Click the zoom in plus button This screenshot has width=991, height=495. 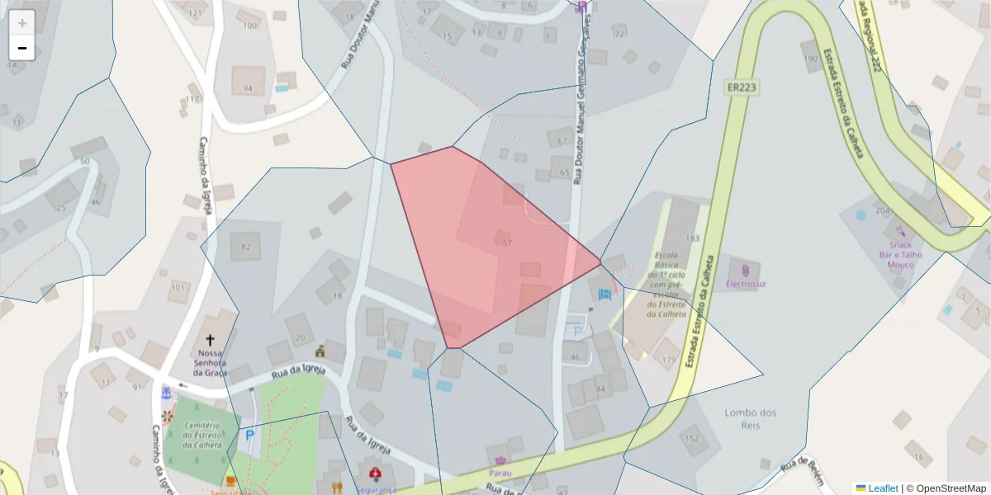tap(22, 22)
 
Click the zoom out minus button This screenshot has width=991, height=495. tap(22, 48)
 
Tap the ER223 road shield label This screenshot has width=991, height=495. tap(742, 87)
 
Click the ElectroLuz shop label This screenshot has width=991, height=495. tap(745, 284)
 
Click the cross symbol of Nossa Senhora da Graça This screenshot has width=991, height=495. tap(210, 340)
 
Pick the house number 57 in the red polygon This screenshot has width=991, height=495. tap(507, 243)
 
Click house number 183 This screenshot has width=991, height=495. tap(692, 238)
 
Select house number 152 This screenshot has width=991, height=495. tap(691, 439)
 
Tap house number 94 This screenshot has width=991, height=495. tap(248, 88)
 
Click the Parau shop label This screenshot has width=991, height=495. tap(500, 473)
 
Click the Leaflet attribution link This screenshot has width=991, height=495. tap(882, 488)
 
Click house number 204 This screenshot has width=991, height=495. tap(883, 210)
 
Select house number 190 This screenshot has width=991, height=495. tap(810, 59)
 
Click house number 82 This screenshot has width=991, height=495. tap(245, 247)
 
